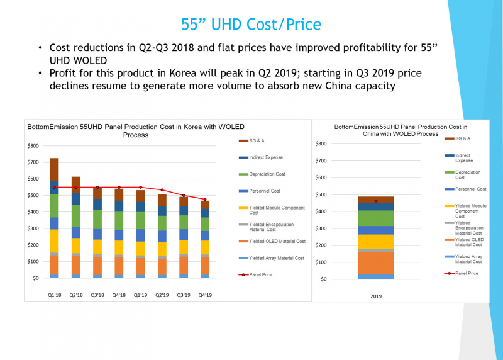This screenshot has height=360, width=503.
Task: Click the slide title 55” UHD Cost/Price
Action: tap(251, 25)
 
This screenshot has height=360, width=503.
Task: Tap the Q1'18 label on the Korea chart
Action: tap(54, 293)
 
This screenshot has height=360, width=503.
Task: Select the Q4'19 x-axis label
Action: tap(205, 293)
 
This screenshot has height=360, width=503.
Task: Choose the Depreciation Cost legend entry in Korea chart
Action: tap(267, 174)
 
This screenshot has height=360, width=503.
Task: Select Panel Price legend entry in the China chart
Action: tap(466, 273)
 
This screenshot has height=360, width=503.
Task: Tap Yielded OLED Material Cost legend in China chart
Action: tap(468, 242)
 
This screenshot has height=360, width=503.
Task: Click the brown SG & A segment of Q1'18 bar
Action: tap(54, 169)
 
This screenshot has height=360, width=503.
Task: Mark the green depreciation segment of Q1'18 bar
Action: tap(54, 205)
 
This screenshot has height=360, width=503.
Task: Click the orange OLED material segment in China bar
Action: tap(376, 262)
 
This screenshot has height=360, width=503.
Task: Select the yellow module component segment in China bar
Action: tap(376, 242)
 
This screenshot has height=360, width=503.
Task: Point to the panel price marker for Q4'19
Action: tap(205, 200)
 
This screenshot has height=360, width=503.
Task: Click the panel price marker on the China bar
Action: tap(376, 201)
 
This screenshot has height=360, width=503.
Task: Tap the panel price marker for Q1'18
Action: tap(54, 187)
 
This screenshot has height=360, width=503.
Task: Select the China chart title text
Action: tap(400, 130)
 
